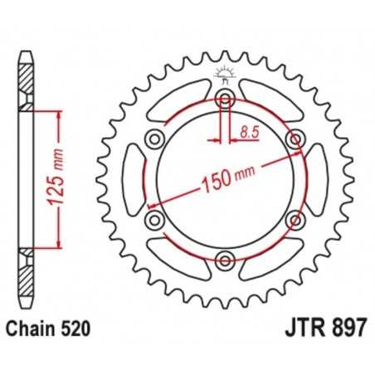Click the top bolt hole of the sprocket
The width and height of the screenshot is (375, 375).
click(x=224, y=100)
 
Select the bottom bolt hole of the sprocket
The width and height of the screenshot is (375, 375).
click(x=224, y=261)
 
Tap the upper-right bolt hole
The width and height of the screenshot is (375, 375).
click(x=294, y=139)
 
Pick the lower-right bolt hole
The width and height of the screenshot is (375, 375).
click(x=294, y=220)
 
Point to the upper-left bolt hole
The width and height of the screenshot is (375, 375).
click(x=153, y=139)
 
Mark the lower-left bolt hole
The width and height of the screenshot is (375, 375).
click(x=153, y=220)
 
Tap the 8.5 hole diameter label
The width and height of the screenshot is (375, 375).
click(x=248, y=129)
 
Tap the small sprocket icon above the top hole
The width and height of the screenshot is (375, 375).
click(x=223, y=74)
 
